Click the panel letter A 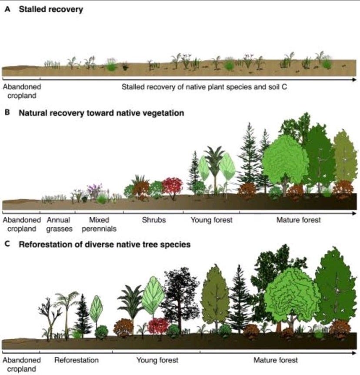(x=7, y=9)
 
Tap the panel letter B (x=7, y=113)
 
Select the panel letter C (x=7, y=244)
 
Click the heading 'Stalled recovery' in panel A (x=51, y=9)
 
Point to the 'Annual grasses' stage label (x=59, y=224)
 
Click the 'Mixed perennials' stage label (x=99, y=224)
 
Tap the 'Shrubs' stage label (x=153, y=220)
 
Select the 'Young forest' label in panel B (x=211, y=220)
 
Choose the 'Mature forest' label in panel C (x=276, y=360)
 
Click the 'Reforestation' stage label (x=77, y=360)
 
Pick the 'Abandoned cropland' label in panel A (x=22, y=91)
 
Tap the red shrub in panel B (x=172, y=186)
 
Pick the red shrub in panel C (x=158, y=326)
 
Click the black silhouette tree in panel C (x=181, y=299)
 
